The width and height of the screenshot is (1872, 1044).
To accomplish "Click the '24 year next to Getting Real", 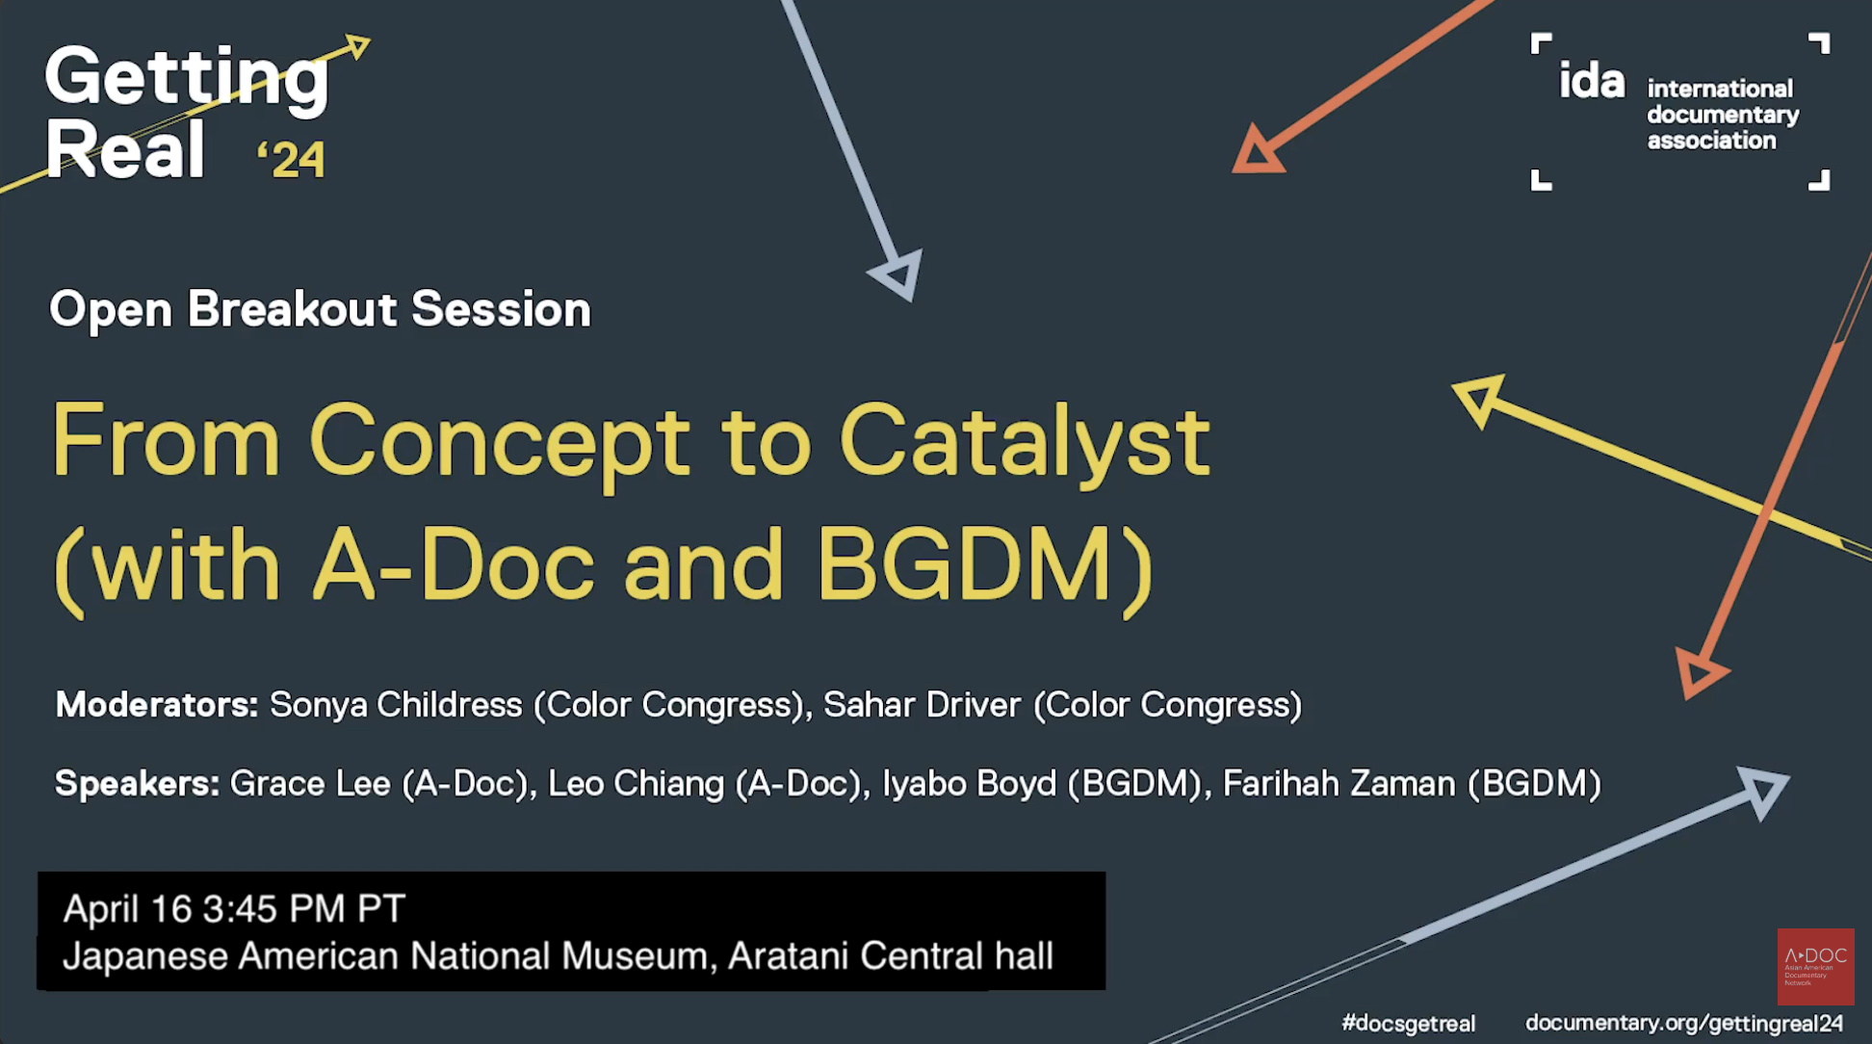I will (293, 160).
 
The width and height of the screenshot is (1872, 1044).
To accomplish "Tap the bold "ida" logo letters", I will (1592, 81).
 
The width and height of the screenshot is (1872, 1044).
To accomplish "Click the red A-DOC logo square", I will (1815, 966).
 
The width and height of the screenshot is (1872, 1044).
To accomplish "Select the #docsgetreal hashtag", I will (1408, 1023).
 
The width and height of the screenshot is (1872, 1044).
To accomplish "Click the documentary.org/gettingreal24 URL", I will (1683, 1023).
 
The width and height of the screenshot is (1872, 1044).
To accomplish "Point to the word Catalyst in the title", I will (1024, 442).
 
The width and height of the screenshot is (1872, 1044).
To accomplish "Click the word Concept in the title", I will (499, 442).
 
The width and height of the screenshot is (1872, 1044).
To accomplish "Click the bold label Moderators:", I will (157, 705).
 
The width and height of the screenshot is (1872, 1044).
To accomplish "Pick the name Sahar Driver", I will (922, 705).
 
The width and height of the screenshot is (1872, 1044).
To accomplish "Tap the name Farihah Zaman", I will (1339, 784).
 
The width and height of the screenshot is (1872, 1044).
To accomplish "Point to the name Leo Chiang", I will (636, 784).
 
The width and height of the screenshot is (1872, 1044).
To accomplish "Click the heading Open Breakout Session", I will (320, 309).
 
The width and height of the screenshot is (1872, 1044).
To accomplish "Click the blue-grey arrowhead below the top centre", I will (899, 274).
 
